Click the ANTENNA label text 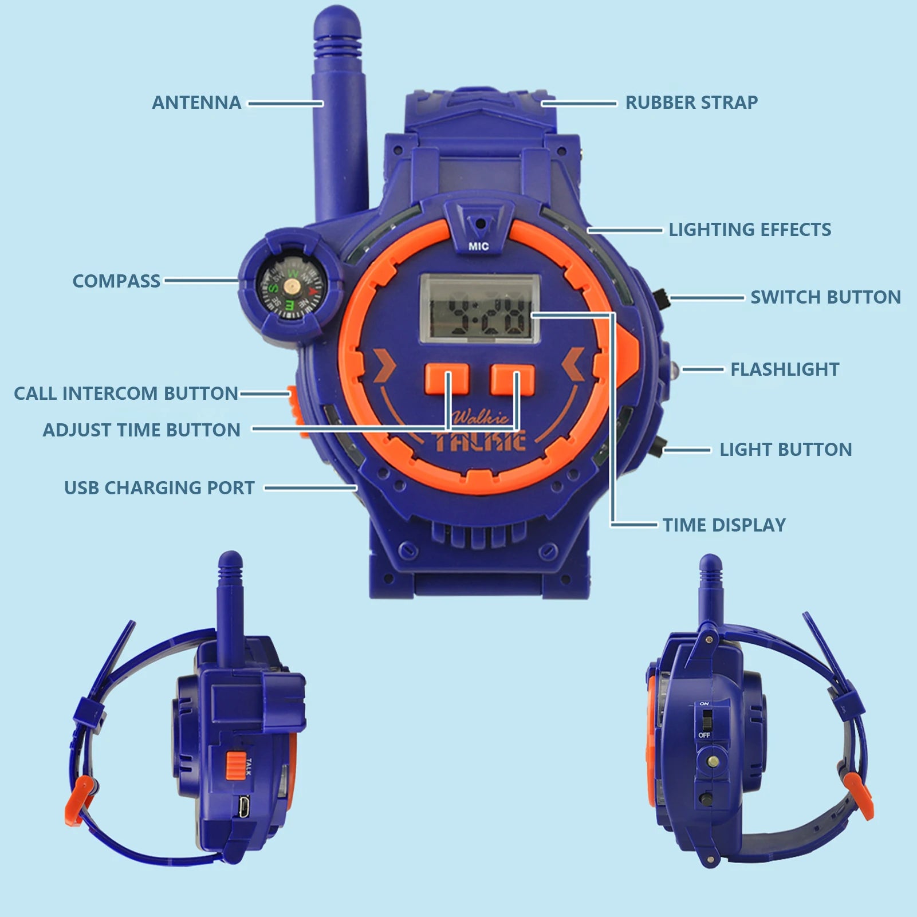196,103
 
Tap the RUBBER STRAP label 691,103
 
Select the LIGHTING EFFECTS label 750,230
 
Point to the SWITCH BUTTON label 825,297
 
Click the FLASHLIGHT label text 785,369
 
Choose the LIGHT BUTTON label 785,450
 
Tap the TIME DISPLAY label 724,525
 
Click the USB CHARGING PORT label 159,488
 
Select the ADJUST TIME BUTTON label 141,430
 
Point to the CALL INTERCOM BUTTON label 126,393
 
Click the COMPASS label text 116,281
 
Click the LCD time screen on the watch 480,309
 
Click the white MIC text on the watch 479,246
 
